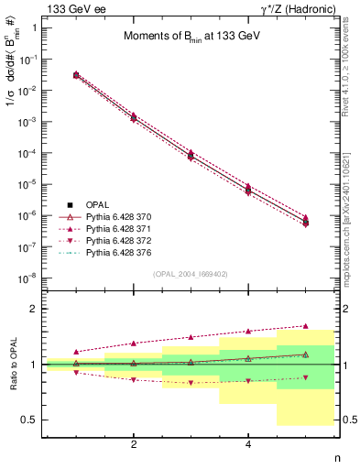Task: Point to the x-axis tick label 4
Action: pyautogui.click(x=248, y=444)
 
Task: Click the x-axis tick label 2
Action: pyautogui.click(x=134, y=444)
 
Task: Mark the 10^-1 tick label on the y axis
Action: pyautogui.click(x=28, y=60)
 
